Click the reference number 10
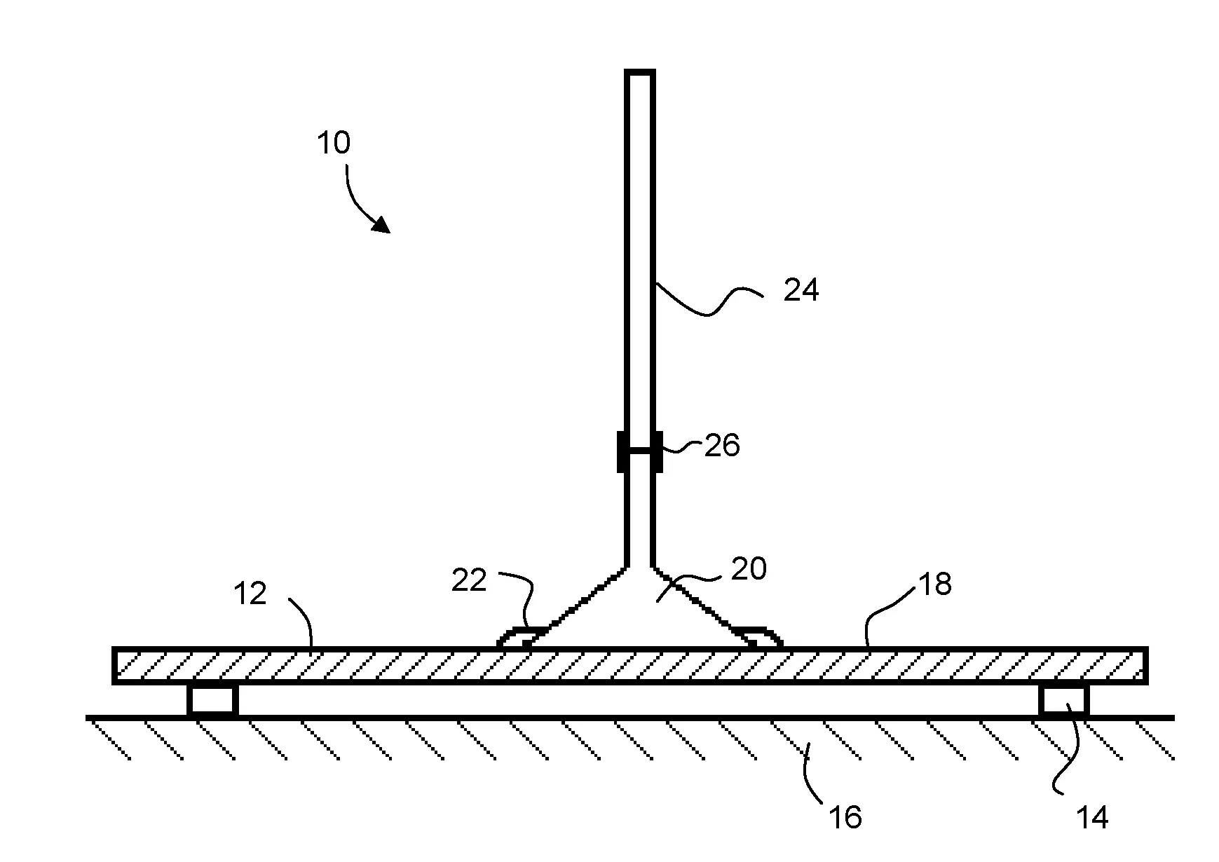pos(334,143)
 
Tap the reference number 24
pos(801,289)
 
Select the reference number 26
pos(722,445)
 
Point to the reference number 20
pos(749,568)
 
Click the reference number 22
pos(469,580)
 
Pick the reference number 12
pos(250,594)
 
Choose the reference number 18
pos(934,583)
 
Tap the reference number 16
pos(845,816)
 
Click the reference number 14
pos(1092,816)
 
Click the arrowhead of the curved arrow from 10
pos(382,225)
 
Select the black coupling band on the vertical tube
pos(639,451)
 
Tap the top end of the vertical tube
pos(639,73)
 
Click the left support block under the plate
pos(212,700)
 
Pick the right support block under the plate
pos(1063,700)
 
